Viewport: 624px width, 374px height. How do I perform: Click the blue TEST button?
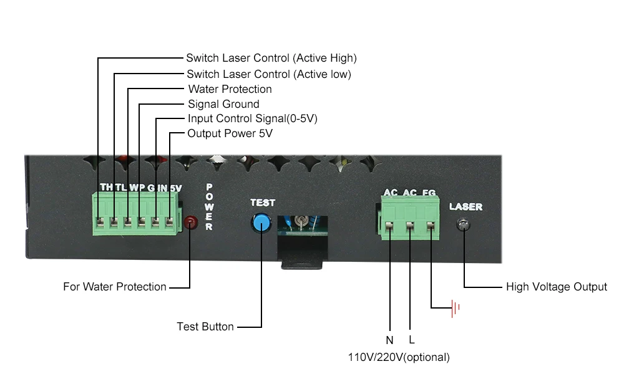[261, 223]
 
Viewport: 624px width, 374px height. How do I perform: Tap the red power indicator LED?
[190, 222]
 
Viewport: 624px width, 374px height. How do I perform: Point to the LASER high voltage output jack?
[463, 225]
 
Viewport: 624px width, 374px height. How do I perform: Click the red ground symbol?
[456, 308]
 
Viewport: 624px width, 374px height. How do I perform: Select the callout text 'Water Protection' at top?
[230, 89]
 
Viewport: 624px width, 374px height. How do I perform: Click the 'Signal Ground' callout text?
[223, 104]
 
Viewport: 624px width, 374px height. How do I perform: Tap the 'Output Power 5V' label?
[230, 133]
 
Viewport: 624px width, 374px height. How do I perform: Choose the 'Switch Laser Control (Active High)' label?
[271, 58]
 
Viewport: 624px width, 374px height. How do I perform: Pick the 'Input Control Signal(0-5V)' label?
[253, 118]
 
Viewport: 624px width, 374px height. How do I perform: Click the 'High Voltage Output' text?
[557, 287]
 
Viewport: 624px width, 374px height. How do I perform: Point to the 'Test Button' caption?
[205, 327]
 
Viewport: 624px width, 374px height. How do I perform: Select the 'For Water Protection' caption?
[115, 287]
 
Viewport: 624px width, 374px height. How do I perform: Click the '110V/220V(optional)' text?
[399, 357]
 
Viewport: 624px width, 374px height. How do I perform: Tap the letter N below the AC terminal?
[389, 340]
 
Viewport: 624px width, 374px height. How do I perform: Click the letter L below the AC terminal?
[411, 340]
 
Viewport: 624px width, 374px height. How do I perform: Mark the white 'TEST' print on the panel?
[263, 203]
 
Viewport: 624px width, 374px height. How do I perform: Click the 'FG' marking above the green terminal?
[429, 193]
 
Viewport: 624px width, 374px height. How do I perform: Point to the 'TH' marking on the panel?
[107, 187]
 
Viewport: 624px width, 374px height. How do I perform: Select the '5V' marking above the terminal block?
[176, 188]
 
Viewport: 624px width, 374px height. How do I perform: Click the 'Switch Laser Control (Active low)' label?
[269, 74]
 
